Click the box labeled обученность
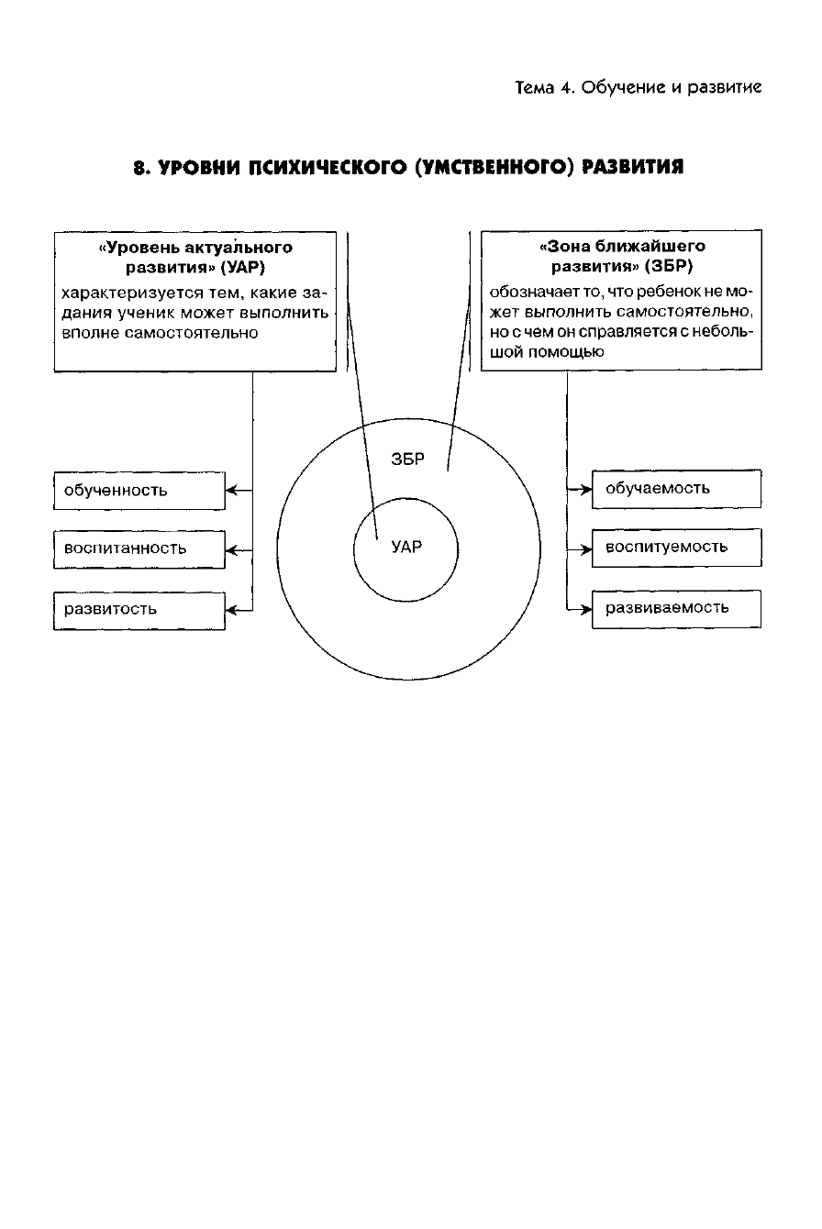[x=139, y=491]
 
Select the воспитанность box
[x=139, y=548]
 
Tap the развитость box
[x=139, y=609]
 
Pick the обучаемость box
[x=676, y=488]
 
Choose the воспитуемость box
[x=676, y=548]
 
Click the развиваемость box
[x=676, y=608]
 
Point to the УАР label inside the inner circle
[x=406, y=547]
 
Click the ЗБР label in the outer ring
[x=407, y=459]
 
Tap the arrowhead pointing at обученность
[x=232, y=491]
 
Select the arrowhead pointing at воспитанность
[x=232, y=550]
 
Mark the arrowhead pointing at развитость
[x=232, y=609]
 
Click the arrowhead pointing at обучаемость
[x=585, y=490]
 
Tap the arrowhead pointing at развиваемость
[x=585, y=609]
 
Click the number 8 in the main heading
[x=138, y=168]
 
